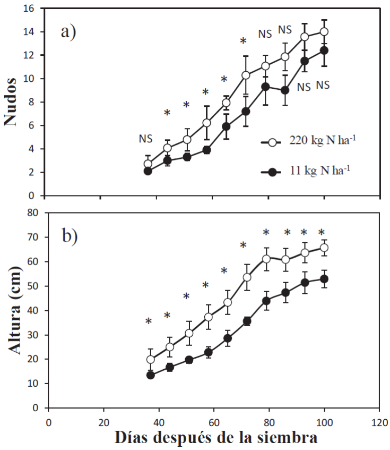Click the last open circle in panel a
tap(324, 31)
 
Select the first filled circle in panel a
tap(148, 171)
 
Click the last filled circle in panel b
tap(324, 279)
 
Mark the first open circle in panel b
tap(151, 360)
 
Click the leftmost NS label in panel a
tap(146, 139)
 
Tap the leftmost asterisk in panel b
tap(149, 321)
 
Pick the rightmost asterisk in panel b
tap(321, 232)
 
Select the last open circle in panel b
tap(324, 248)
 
